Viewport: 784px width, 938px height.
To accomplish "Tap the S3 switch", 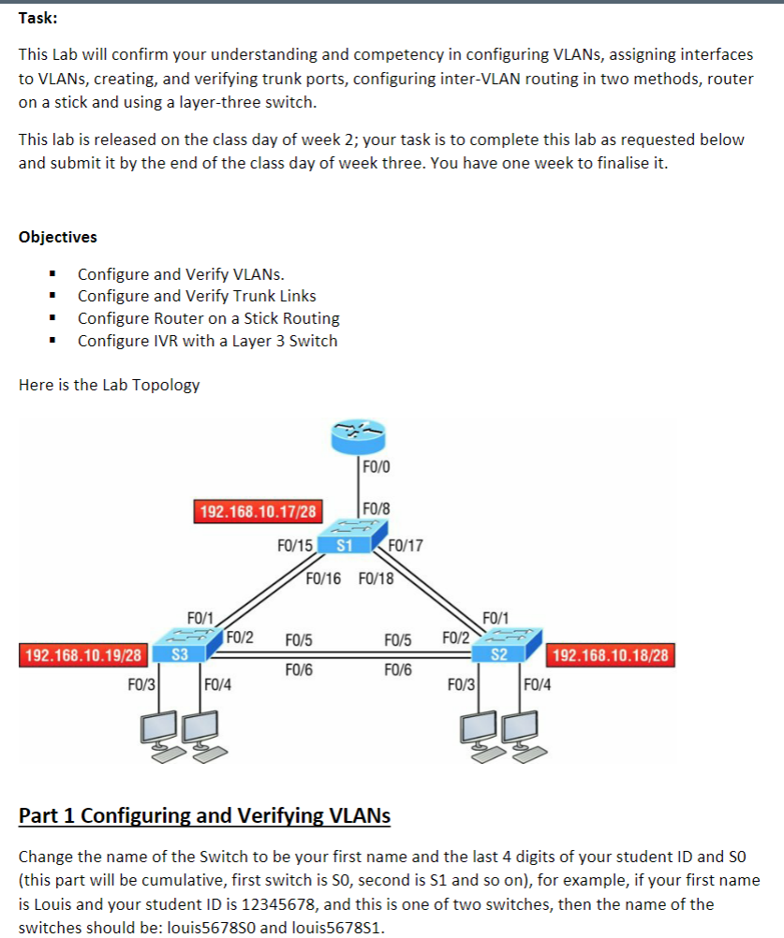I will (x=177, y=652).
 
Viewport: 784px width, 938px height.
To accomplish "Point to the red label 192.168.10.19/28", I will (x=84, y=654).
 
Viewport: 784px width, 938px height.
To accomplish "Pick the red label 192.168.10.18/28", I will (x=611, y=654).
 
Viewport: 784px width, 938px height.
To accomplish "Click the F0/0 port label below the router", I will (x=377, y=465).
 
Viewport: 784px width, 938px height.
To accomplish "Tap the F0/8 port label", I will (x=377, y=509).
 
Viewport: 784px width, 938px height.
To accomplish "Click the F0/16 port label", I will (x=325, y=578).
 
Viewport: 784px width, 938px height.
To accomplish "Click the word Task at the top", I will (x=37, y=26).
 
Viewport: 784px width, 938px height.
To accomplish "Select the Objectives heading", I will (x=57, y=237).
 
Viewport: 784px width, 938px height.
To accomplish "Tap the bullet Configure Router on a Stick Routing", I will (x=208, y=318).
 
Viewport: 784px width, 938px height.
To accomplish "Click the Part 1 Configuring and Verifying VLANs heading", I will (x=204, y=816).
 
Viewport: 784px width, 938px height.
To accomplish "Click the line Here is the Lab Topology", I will (x=109, y=385).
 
